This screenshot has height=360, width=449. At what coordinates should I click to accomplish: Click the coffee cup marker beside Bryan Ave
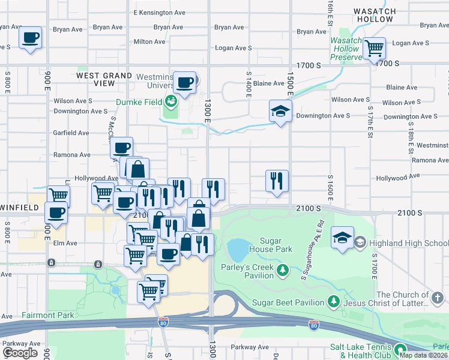(x=30, y=38)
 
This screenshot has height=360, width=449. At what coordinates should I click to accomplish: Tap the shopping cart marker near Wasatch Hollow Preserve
(x=374, y=47)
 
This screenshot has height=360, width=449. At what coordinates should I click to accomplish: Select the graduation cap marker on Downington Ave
(x=280, y=111)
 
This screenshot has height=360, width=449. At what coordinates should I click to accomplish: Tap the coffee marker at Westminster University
(x=185, y=82)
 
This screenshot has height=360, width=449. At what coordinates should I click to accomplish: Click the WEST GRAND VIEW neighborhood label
(x=104, y=79)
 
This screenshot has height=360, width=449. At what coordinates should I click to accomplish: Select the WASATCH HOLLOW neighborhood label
(x=374, y=15)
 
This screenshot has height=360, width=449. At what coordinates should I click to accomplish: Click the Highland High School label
(x=408, y=243)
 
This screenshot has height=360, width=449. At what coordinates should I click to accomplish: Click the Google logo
(x=20, y=352)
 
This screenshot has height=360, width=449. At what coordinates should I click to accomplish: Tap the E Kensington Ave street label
(x=159, y=13)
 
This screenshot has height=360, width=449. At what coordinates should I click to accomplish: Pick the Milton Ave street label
(x=149, y=42)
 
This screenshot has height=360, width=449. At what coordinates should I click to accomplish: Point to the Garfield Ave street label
(x=71, y=133)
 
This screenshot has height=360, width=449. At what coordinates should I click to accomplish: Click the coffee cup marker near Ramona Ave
(x=121, y=147)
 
